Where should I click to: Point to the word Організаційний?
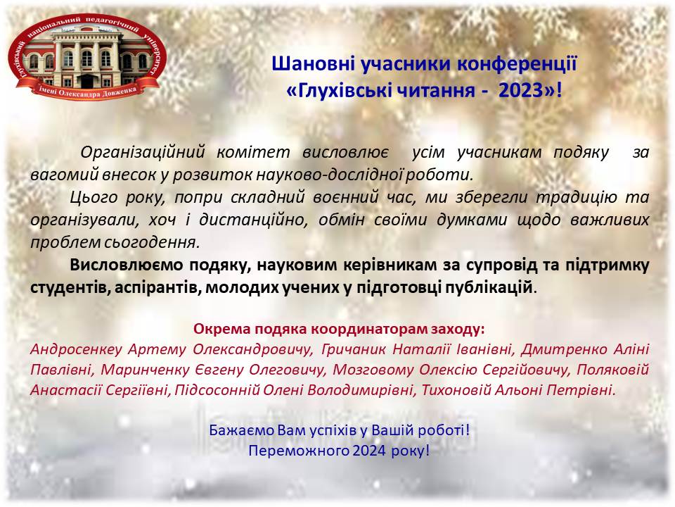click(143, 152)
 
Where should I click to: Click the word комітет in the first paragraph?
click(253, 152)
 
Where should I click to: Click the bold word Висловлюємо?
click(126, 265)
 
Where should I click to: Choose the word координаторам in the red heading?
click(369, 329)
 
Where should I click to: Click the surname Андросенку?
click(76, 349)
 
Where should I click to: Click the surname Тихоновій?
click(456, 390)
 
